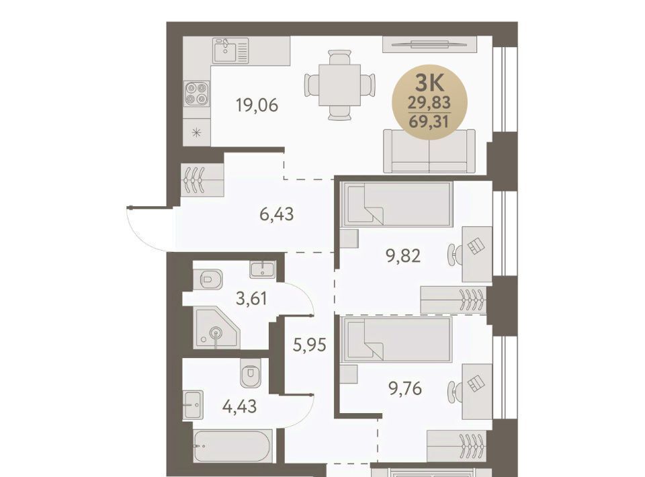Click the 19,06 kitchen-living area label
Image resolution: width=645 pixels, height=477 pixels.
coord(257,105)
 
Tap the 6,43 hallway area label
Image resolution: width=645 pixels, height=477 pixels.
coord(276,214)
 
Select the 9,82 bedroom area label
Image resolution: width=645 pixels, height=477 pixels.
coord(402,256)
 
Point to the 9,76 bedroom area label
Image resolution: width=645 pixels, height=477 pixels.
coord(405,388)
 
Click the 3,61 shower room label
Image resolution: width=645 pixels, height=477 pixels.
coord(251,298)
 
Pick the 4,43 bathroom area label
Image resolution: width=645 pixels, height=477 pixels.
coord(239,406)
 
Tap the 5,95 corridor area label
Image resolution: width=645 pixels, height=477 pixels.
coord(309,345)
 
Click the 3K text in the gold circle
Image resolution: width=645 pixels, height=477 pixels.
coord(429,83)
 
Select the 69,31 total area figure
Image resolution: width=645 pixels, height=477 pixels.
coord(429,122)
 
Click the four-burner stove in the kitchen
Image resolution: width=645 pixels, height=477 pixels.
coord(197,93)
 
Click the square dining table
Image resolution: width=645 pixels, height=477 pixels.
coord(339,85)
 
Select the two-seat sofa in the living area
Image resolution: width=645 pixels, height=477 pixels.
coord(429,151)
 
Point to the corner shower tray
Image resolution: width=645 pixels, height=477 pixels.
coord(216,328)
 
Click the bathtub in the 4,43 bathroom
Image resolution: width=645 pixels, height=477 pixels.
coord(232,445)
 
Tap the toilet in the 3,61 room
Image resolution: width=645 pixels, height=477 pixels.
coord(210,279)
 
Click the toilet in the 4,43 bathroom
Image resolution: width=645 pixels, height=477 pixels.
coord(251,372)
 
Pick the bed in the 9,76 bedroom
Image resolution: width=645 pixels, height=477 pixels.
coord(396,339)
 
